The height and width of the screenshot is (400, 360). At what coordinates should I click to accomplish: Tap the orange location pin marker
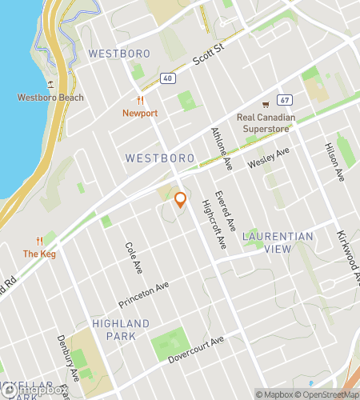coord(181,199)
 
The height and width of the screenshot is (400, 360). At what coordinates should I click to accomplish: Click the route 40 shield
coord(166,78)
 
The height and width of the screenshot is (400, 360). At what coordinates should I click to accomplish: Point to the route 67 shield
coord(284,100)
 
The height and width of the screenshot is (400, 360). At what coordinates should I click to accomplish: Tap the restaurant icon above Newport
coord(140,101)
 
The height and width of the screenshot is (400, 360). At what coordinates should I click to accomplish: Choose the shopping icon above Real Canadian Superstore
coord(266,104)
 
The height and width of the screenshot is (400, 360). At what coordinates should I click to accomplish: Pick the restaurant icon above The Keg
coord(39,241)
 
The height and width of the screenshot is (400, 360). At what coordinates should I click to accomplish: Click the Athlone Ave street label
coord(221,149)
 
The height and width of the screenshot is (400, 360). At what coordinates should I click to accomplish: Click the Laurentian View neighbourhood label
coord(278,242)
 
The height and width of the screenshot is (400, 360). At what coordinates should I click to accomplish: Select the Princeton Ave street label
coord(145,294)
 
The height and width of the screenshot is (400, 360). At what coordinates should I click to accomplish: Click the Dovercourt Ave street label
coord(196,350)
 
